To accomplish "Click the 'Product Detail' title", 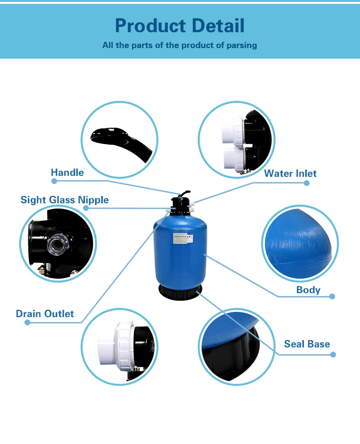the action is click(180, 25).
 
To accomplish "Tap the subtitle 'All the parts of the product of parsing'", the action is click(180, 46).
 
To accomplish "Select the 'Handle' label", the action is click(67, 173).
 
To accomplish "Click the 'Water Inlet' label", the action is click(290, 173).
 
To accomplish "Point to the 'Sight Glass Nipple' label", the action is click(64, 200).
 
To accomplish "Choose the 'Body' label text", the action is click(308, 290).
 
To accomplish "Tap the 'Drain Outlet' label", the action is click(45, 314).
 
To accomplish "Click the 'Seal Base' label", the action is click(307, 344).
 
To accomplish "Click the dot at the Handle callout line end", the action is click(54, 181).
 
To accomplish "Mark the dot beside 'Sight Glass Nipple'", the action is click(86, 208).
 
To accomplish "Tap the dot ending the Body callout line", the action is click(332, 296).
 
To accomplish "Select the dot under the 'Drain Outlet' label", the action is click(27, 322).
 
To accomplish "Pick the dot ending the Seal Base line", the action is click(333, 355).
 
